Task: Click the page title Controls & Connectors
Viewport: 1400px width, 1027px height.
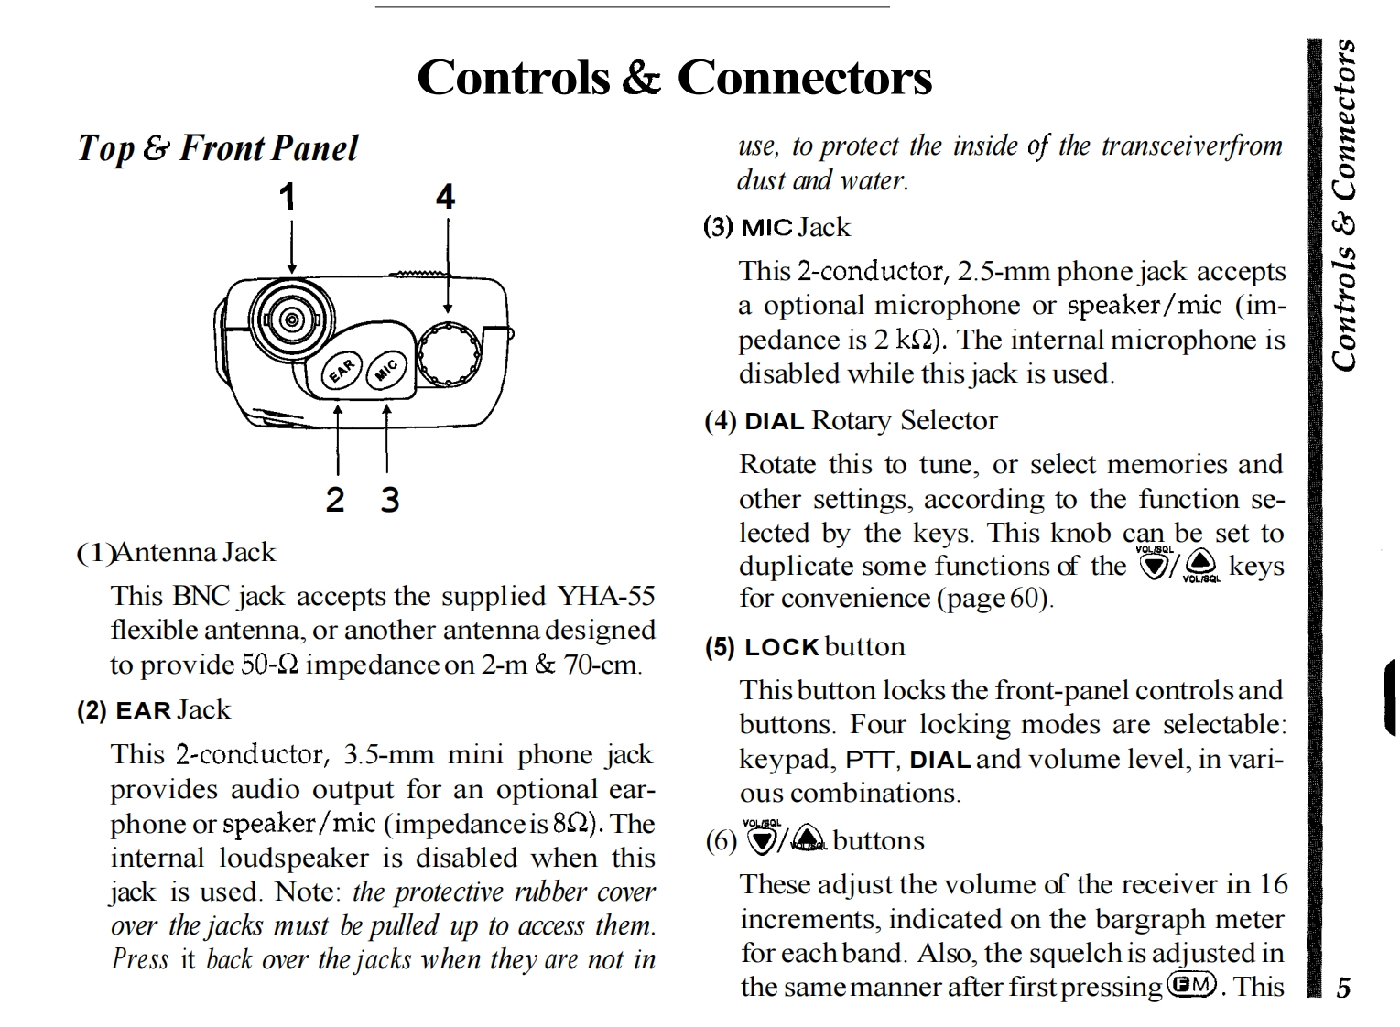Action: coord(674,77)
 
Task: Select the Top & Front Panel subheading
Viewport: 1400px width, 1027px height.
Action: coord(218,148)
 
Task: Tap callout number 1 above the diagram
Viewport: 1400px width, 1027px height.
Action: coord(288,197)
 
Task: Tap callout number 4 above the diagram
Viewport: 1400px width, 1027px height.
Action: coord(445,197)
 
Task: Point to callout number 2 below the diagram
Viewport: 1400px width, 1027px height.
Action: coord(335,500)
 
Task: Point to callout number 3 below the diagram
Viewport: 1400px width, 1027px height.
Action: coord(390,500)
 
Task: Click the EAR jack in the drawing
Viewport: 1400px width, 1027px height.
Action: coord(342,370)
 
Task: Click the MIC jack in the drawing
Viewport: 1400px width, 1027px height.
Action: coord(386,368)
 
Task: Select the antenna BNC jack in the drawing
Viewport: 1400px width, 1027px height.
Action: coord(291,319)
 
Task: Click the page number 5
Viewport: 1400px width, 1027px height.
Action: coord(1343,988)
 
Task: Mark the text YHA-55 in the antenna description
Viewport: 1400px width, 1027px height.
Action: coord(606,596)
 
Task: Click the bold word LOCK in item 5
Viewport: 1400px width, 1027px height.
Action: coord(781,647)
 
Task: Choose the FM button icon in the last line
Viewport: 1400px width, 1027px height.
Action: coord(1192,985)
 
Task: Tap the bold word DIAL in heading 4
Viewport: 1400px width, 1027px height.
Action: coord(774,421)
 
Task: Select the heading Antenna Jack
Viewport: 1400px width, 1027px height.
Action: coord(194,552)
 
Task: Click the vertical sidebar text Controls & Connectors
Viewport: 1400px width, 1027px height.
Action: coord(1343,205)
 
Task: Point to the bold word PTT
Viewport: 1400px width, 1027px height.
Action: coord(874,760)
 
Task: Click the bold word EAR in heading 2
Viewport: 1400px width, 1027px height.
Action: coord(144,710)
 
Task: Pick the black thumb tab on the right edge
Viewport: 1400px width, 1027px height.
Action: coord(1391,697)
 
